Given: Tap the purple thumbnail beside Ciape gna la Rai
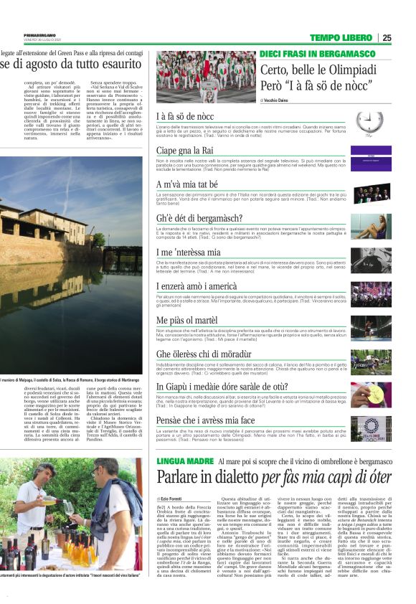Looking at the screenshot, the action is click(x=371, y=159).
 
